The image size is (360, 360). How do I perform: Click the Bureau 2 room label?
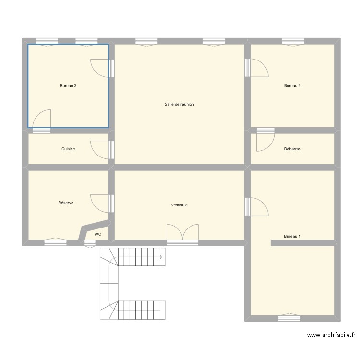[68, 86]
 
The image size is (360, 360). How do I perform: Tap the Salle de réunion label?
[179, 104]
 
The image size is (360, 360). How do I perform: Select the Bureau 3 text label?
[292, 86]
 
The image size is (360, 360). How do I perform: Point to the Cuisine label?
[68, 149]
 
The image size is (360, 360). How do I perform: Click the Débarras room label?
[292, 149]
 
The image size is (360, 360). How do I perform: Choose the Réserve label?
[66, 203]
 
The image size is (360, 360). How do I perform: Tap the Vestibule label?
[179, 205]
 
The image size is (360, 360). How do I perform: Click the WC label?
[98, 234]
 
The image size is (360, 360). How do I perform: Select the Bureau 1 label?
[292, 236]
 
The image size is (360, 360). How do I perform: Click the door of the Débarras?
[265, 139]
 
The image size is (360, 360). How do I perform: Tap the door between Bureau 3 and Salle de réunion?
[257, 68]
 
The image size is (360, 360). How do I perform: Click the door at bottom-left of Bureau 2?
[42, 120]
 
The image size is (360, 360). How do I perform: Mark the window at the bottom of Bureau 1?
[289, 318]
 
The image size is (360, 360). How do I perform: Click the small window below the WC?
[90, 243]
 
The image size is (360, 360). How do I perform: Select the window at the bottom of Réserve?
[55, 242]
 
